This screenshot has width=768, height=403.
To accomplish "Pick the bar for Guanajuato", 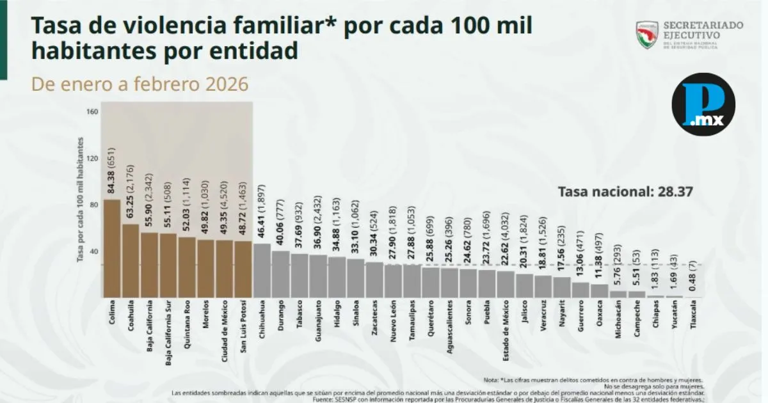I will click(x=317, y=276).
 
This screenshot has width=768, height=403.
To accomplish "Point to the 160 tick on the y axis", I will click(x=92, y=112).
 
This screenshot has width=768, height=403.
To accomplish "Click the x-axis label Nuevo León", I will click(x=392, y=322).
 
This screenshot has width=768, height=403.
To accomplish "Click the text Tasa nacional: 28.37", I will click(x=626, y=191).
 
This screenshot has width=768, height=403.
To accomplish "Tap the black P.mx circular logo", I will click(x=703, y=104).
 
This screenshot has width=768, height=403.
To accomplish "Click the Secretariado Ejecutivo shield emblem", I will click(x=647, y=35).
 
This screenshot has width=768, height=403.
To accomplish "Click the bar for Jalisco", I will click(x=524, y=285).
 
